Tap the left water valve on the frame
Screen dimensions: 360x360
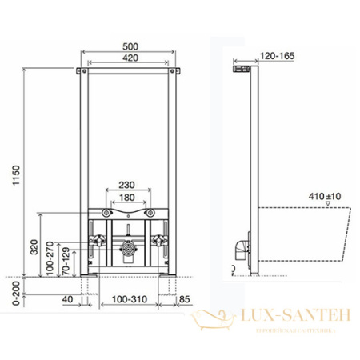point(98,241)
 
